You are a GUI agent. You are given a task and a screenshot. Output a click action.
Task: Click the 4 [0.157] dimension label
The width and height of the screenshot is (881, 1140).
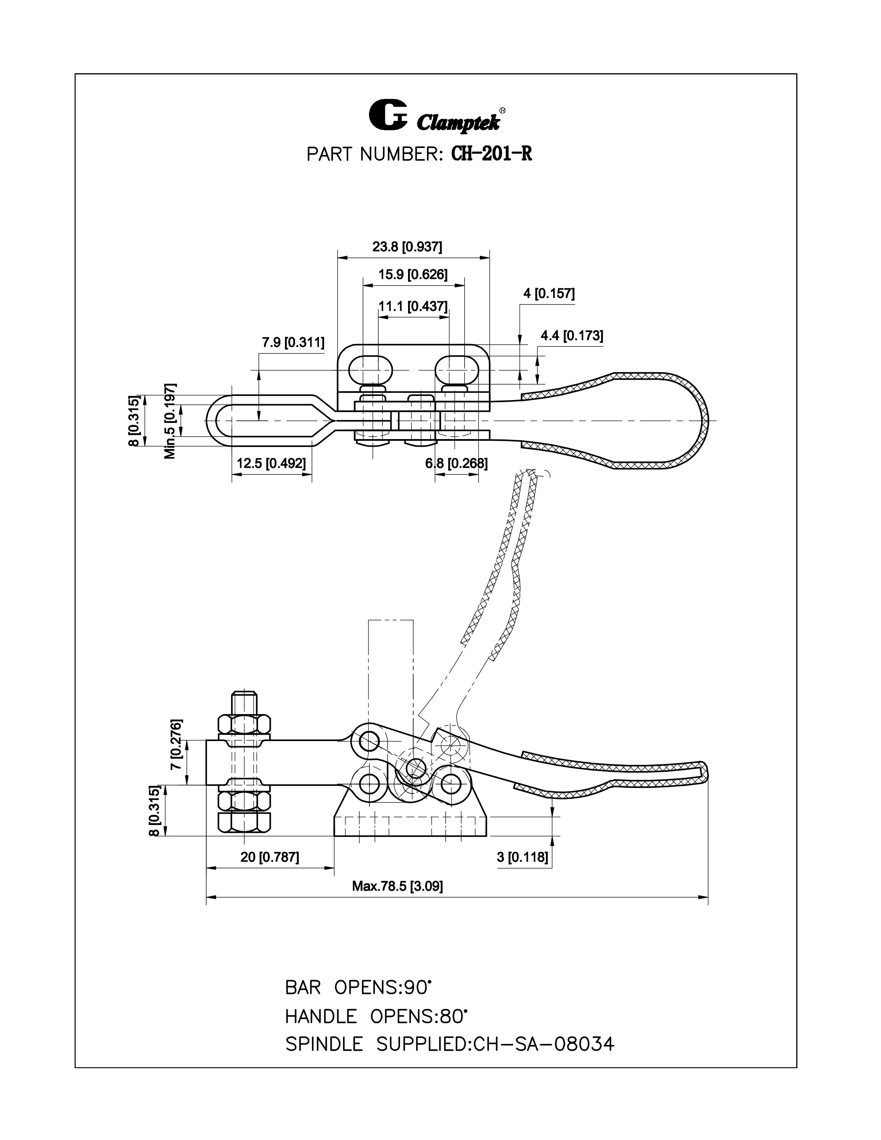(x=549, y=293)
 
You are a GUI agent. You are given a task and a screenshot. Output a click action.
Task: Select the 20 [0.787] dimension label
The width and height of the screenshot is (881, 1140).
(x=269, y=857)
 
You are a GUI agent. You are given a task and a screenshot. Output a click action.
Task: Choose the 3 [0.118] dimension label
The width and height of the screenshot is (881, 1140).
(x=522, y=857)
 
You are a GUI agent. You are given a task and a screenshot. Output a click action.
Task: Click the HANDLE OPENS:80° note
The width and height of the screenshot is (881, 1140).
(x=376, y=1016)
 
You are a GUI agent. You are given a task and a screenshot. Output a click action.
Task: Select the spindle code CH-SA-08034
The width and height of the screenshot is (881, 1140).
(x=544, y=1044)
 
